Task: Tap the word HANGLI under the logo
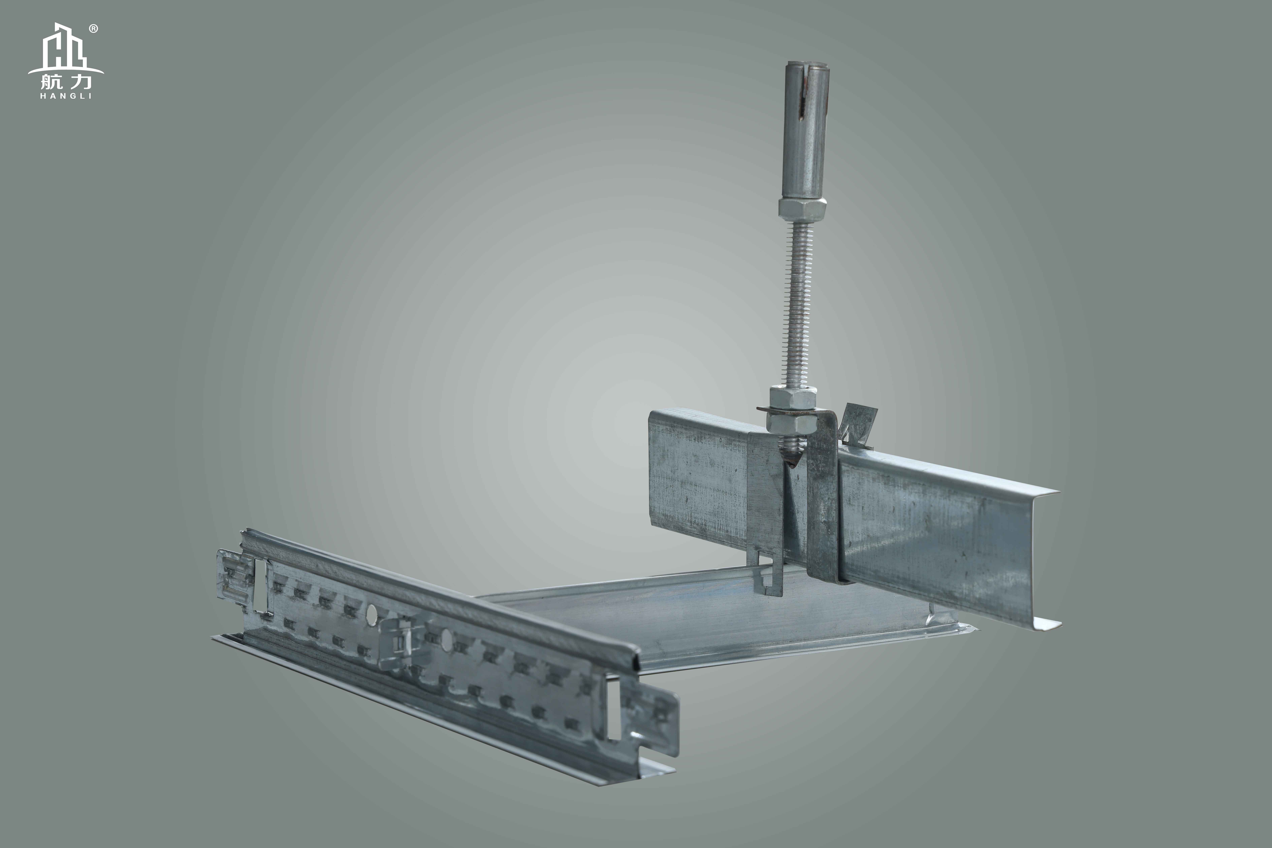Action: [x=66, y=96]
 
